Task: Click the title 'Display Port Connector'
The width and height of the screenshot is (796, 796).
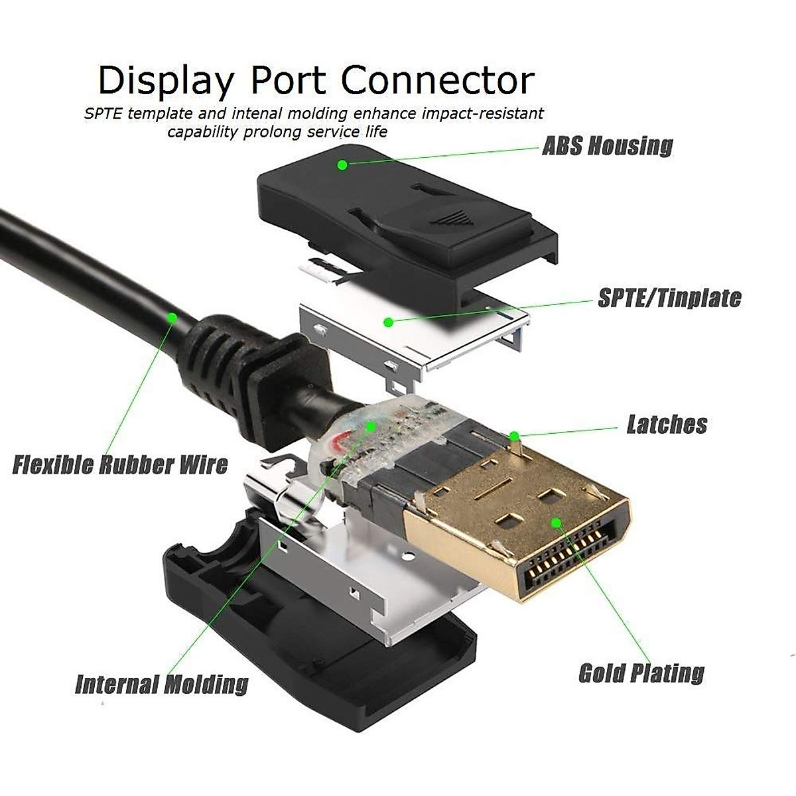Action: [316, 80]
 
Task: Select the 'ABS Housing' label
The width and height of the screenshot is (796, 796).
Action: [608, 145]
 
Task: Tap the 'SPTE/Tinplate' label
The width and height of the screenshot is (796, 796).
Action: [669, 298]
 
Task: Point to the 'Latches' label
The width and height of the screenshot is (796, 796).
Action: [667, 425]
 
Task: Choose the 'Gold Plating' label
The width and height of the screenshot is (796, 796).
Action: [641, 673]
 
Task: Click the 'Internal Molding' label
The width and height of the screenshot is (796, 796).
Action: [162, 684]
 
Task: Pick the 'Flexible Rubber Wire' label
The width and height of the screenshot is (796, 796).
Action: [120, 464]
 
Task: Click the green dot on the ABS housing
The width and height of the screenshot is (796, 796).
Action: [342, 165]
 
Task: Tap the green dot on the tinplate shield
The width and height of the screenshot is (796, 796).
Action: [389, 322]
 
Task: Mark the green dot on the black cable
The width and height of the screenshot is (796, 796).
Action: [172, 318]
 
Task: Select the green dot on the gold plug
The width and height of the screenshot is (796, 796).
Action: [557, 523]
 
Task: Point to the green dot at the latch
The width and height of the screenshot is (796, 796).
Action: [513, 436]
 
